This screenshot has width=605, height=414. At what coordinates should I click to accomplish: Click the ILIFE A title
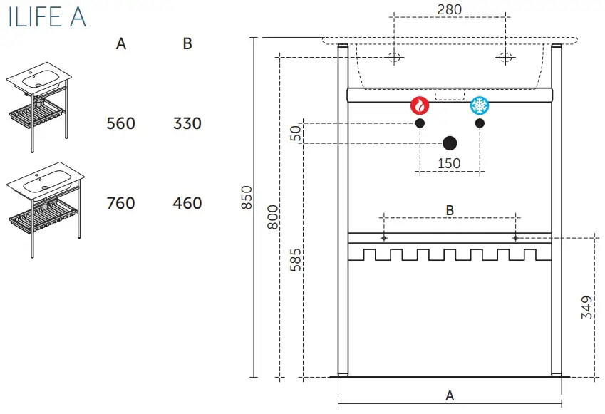tap(47, 18)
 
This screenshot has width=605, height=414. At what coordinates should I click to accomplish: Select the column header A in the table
tap(121, 44)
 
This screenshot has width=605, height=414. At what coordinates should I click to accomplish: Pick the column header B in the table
tap(187, 44)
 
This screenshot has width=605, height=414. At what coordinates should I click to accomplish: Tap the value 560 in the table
tap(120, 123)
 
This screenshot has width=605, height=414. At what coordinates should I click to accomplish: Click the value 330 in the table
tap(187, 123)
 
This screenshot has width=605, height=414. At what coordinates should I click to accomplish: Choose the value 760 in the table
tap(120, 203)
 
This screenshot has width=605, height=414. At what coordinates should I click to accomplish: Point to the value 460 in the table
tap(187, 203)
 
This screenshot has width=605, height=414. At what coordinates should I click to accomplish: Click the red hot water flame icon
tap(420, 106)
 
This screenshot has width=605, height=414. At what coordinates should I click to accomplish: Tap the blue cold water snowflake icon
tap(480, 106)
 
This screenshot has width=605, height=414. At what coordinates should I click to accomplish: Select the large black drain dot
tap(450, 143)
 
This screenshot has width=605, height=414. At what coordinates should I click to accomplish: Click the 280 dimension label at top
tap(450, 9)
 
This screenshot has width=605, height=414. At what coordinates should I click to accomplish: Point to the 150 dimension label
tap(449, 163)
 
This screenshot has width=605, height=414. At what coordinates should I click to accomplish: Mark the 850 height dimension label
tap(247, 197)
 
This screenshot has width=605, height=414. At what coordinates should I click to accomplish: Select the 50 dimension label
tap(296, 133)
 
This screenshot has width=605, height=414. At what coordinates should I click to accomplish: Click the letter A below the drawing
tap(450, 396)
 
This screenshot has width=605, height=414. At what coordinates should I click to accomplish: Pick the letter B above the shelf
tap(450, 210)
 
